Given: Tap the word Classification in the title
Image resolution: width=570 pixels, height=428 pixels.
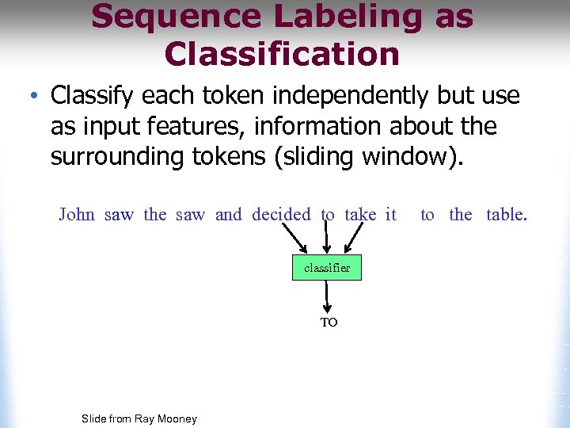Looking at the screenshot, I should point(282,54).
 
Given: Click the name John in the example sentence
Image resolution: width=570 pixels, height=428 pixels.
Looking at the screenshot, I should point(76,214).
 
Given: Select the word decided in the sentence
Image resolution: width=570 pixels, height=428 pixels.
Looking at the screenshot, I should point(281,214).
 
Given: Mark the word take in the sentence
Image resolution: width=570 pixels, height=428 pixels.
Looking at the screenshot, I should point(360,214).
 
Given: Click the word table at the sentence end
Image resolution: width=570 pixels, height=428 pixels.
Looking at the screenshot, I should point(506,214).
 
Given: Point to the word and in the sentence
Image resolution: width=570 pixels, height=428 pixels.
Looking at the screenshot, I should point(228,214).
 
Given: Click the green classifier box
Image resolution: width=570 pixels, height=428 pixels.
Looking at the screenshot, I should point(327,268).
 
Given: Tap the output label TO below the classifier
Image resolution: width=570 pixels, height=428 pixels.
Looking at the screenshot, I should point(329,323).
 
